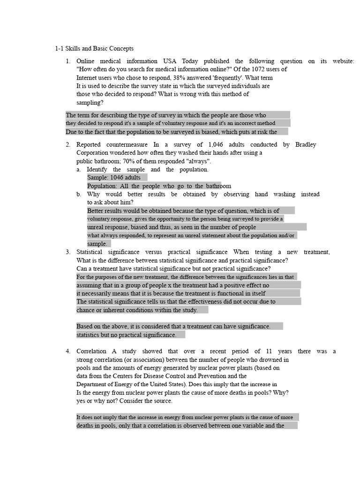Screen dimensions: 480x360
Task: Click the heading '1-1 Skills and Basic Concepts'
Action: [x=94, y=48]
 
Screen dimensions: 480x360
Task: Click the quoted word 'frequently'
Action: [x=213, y=77]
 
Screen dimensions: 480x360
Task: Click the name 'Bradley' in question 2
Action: [x=306, y=144]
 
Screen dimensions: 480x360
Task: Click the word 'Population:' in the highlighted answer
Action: [x=102, y=186]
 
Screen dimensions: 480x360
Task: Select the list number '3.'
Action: [x=68, y=252]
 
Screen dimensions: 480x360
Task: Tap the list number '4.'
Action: [x=68, y=351]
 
